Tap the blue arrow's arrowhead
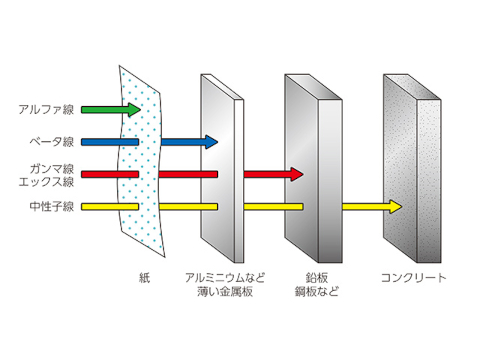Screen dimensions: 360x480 pyautogui.click(x=213, y=142)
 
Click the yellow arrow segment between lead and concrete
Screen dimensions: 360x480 pyautogui.click(x=365, y=207)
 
